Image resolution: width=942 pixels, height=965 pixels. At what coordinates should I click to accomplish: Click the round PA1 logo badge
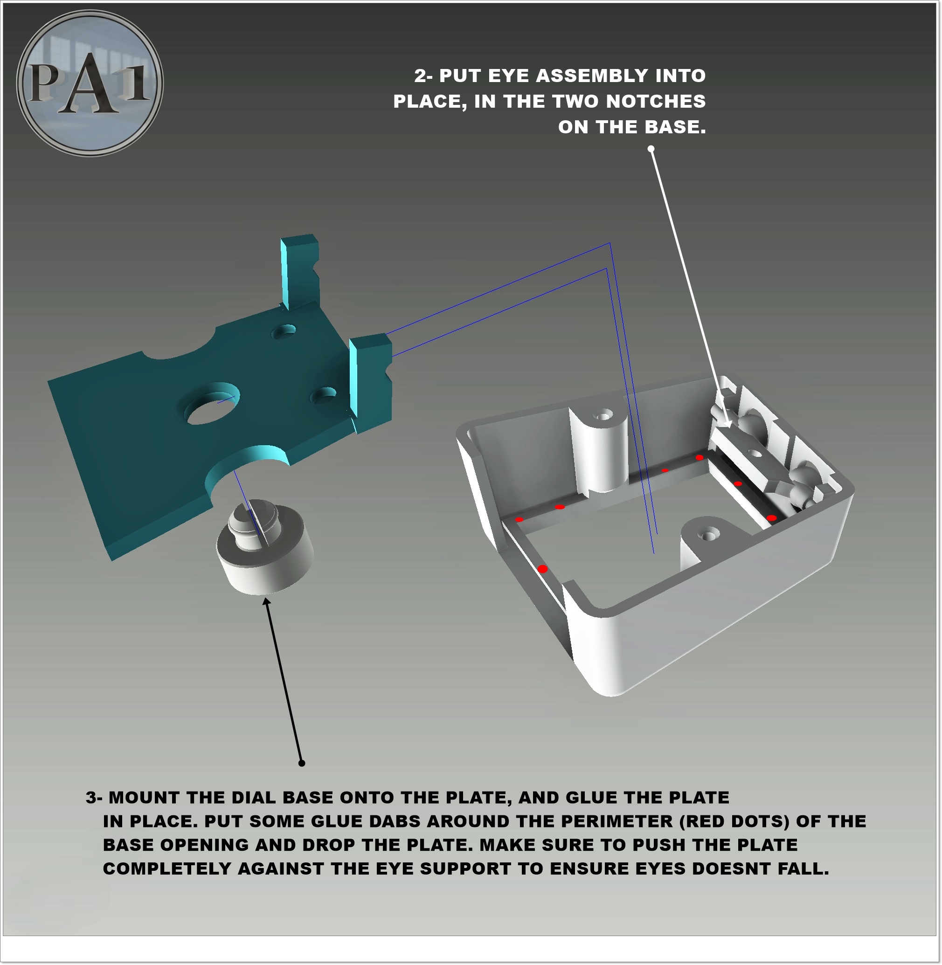tap(90, 83)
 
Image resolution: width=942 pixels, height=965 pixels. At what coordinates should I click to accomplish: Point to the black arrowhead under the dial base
tap(267, 602)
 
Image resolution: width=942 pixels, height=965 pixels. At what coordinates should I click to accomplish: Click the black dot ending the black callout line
tap(302, 763)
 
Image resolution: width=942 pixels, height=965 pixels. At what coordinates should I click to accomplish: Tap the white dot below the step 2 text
tap(651, 148)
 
